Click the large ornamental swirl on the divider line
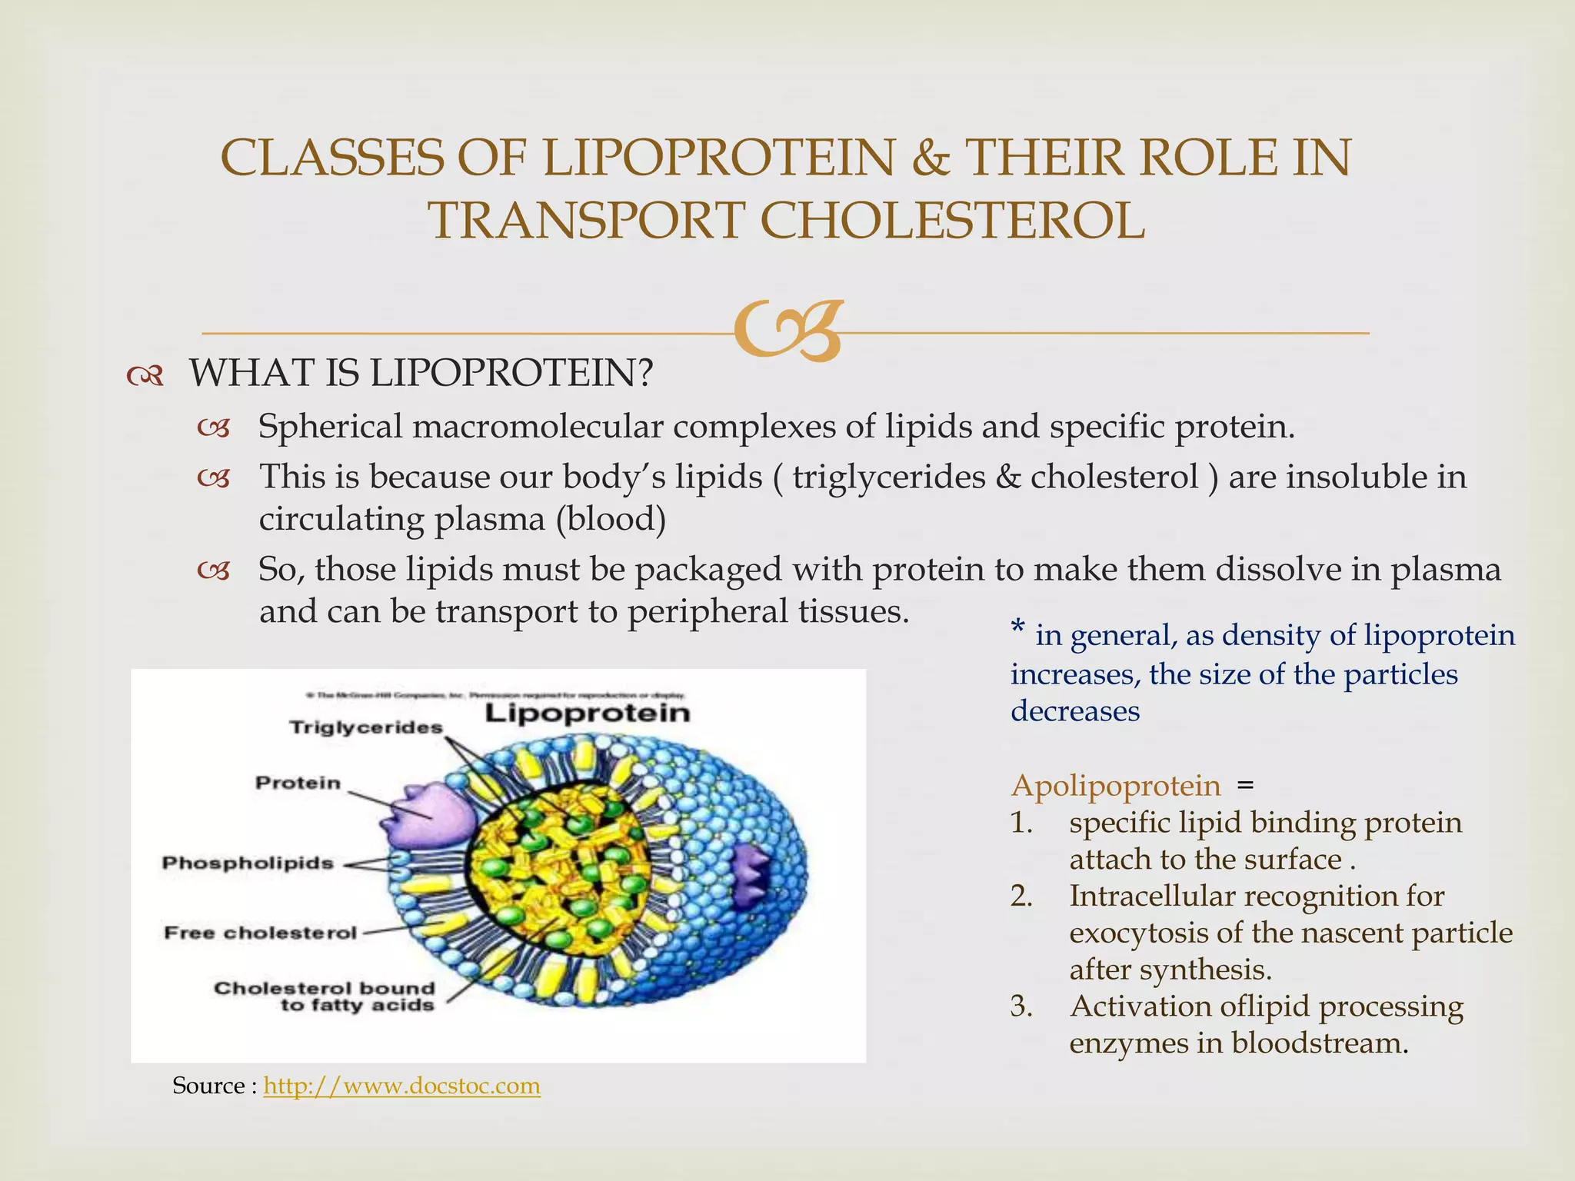(x=787, y=331)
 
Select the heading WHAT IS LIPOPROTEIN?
(x=421, y=373)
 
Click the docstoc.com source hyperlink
(x=401, y=1086)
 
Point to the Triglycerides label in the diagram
(x=366, y=727)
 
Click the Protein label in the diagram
(x=298, y=783)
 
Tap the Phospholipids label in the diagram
(x=248, y=863)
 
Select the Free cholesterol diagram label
(x=261, y=933)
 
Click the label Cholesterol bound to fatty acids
(x=324, y=996)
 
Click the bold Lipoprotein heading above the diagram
(x=588, y=713)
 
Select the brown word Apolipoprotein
(x=1115, y=786)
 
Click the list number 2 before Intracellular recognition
(x=1021, y=897)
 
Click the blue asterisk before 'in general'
(x=1017, y=630)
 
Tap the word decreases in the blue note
(x=1074, y=710)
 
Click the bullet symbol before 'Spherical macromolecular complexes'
(x=213, y=428)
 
